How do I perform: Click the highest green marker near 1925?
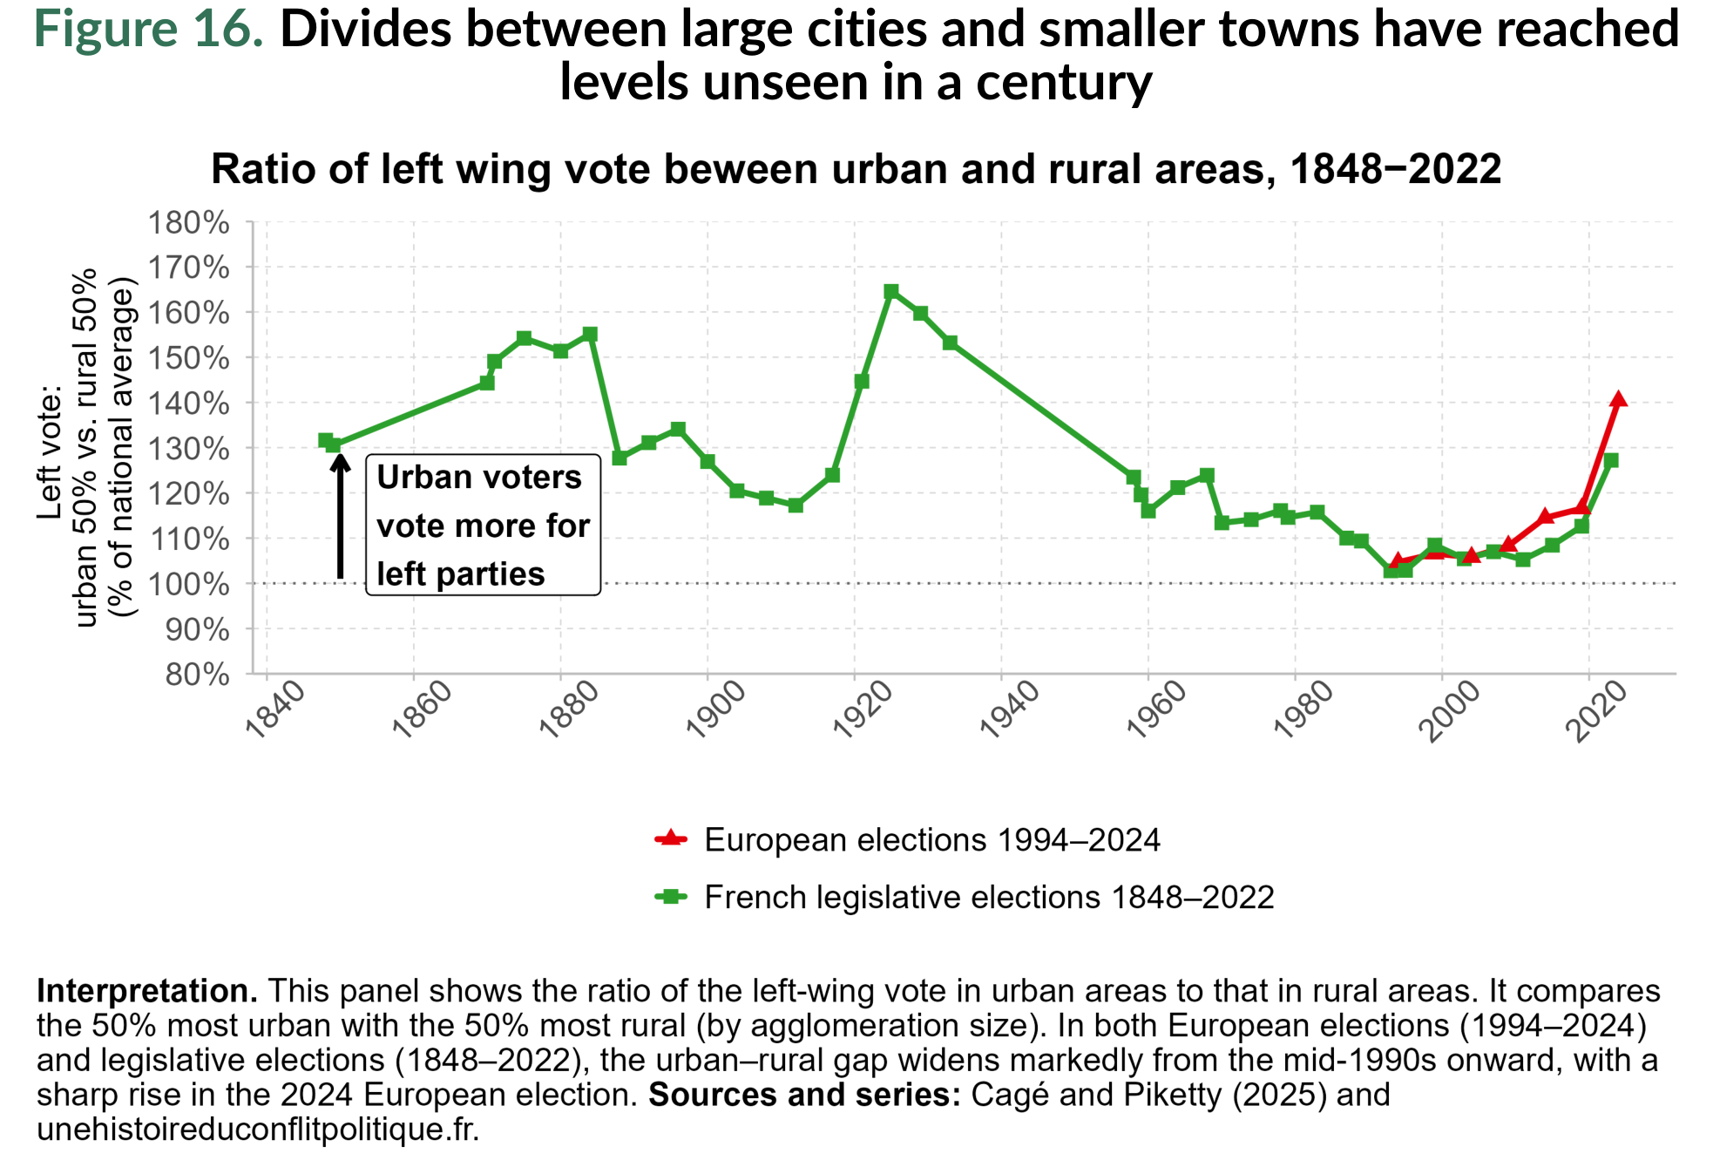click(x=890, y=291)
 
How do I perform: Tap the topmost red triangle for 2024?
click(x=1618, y=399)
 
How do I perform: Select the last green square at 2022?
click(x=1610, y=460)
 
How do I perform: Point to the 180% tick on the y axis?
click(x=188, y=222)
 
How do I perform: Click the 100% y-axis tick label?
click(x=188, y=584)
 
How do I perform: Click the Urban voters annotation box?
click(x=483, y=525)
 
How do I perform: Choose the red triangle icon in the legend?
click(x=670, y=838)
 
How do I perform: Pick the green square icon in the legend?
click(x=670, y=896)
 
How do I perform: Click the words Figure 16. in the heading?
click(x=148, y=29)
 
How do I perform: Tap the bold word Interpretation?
click(x=146, y=991)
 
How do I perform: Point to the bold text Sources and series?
click(x=803, y=1095)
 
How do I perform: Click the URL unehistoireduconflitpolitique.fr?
click(x=258, y=1129)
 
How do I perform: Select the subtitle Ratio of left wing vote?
click(x=856, y=169)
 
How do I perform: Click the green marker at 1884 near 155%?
click(x=590, y=334)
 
